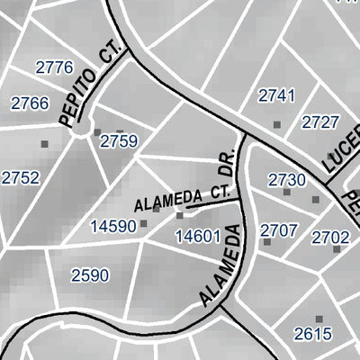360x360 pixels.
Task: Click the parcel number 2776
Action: point(53,67)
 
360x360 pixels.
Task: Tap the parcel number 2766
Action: point(29,103)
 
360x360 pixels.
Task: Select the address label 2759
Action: point(119,140)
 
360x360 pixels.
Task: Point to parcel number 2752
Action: point(20,178)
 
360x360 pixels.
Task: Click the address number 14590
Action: point(112,225)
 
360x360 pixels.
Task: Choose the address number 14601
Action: point(198,237)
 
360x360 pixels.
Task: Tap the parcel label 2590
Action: point(89,275)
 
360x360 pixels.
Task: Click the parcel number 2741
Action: point(276,95)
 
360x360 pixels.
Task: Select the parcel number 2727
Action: point(320,122)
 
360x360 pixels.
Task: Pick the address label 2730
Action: point(287,180)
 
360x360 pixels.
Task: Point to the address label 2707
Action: point(278,230)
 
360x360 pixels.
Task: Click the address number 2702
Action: point(330,237)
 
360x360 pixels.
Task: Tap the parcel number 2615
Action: point(312,334)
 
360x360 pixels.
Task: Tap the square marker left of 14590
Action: point(143,224)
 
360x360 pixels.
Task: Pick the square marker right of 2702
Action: point(337,249)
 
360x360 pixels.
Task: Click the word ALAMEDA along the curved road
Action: point(220,268)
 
